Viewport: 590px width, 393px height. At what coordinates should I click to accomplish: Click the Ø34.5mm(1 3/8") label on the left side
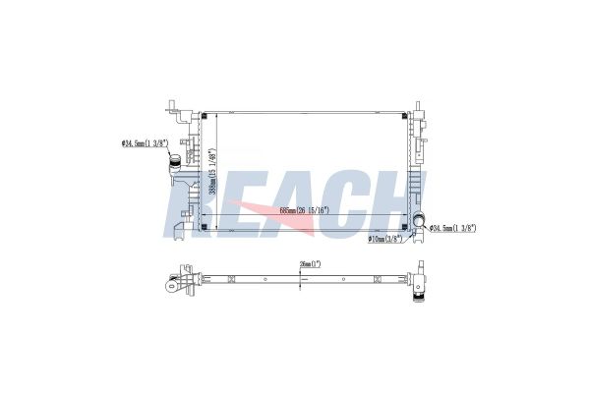click(143, 144)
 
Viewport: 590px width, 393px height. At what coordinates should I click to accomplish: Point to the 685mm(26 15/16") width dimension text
click(305, 209)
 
